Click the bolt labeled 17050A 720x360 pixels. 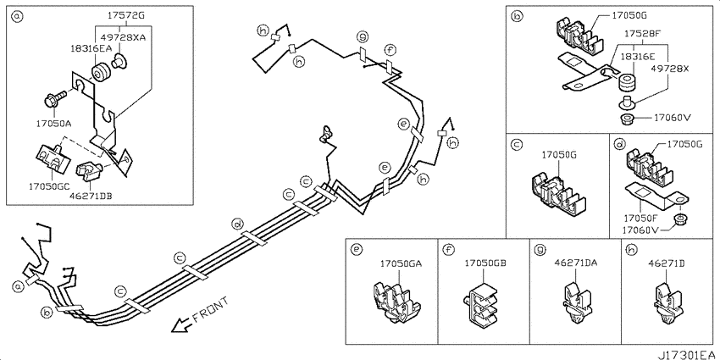click(x=53, y=99)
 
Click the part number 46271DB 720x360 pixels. click(x=91, y=196)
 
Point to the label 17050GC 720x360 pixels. click(x=49, y=186)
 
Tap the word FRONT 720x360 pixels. click(x=210, y=310)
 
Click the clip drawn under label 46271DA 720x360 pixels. click(x=574, y=302)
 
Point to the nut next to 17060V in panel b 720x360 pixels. click(x=626, y=118)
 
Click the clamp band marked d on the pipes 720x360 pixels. click(x=254, y=238)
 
